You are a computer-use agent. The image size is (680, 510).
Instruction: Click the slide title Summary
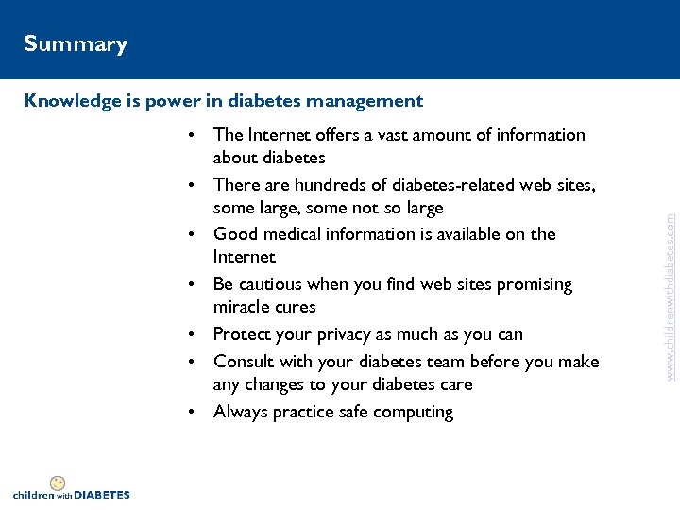76,44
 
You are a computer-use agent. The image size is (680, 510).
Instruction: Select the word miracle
242,307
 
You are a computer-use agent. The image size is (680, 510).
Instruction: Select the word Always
241,412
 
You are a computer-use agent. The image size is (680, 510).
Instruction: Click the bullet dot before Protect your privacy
192,335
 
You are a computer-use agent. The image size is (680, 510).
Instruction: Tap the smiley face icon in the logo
58,483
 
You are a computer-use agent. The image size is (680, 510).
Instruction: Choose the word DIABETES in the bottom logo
102,495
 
